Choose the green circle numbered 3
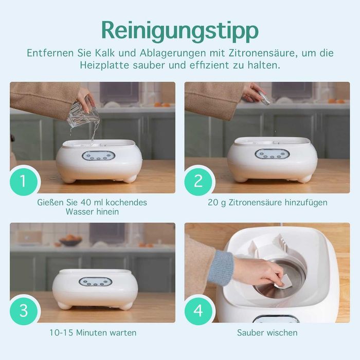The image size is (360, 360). (24, 311)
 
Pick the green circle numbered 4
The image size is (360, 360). (198, 311)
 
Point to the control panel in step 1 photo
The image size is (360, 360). (99, 155)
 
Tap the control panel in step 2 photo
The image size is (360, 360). (272, 154)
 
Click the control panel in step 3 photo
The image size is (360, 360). (96, 282)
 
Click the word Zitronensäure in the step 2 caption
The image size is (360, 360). (255, 203)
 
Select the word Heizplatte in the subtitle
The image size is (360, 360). (104, 65)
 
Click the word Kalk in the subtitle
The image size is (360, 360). (105, 53)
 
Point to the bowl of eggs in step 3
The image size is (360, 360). (70, 240)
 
